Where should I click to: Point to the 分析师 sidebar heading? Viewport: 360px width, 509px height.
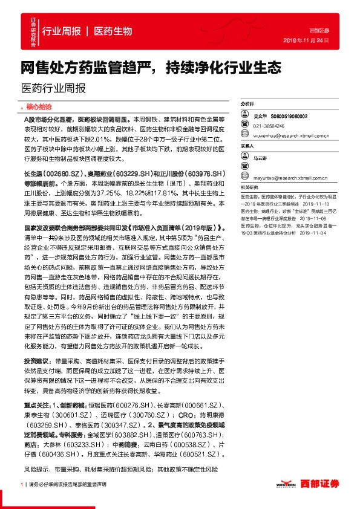point(247,104)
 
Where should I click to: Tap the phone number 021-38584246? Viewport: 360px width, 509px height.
point(270,126)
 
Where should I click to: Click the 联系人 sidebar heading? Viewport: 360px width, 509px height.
point(247,146)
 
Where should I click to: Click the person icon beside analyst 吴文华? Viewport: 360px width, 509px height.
point(246,115)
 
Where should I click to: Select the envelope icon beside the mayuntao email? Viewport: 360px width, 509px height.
point(246,178)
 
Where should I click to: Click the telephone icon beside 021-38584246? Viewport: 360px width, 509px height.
point(246,126)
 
